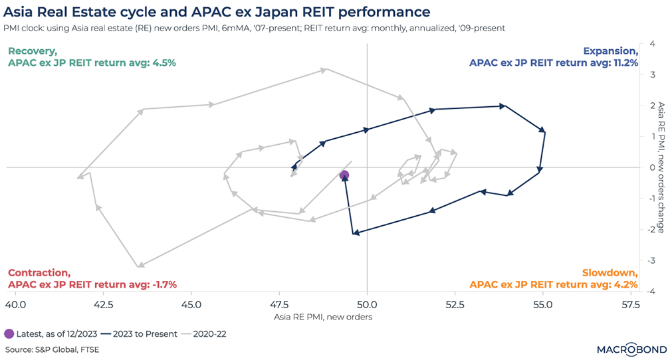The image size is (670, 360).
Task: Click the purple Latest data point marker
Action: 344,175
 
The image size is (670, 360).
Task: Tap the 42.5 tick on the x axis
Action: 103,305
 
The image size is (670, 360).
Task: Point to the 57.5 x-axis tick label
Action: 630,305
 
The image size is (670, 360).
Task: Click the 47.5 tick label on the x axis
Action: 279,305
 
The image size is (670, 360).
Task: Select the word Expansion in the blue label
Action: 610,51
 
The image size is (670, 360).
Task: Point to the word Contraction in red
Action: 38,273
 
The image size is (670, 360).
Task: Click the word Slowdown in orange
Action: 610,273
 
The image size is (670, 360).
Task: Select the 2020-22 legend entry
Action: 212,333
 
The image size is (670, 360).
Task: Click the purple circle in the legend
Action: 9,333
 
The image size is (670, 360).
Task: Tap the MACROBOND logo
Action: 621,349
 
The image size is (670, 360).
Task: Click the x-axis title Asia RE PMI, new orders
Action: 323,317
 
